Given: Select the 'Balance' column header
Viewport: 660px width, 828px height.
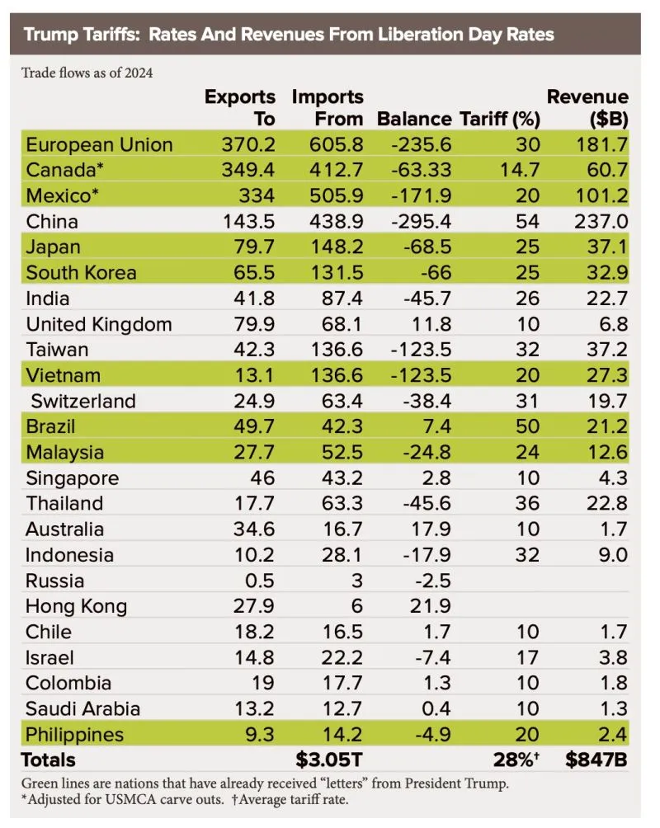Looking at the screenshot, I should click(414, 119).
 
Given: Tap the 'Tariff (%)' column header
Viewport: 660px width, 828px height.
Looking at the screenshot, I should click(499, 119).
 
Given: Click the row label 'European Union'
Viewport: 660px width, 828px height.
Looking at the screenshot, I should click(99, 145).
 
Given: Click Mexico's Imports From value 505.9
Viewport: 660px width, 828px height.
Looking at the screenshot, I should click(336, 196).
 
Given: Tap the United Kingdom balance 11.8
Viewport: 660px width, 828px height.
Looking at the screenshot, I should click(430, 324).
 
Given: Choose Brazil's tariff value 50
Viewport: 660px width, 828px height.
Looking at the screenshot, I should click(527, 427).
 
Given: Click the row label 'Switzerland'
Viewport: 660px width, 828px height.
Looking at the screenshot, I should click(83, 402).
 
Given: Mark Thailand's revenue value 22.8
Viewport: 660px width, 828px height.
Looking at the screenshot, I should click(608, 504).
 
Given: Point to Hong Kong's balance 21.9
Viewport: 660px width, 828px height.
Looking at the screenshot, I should click(430, 606).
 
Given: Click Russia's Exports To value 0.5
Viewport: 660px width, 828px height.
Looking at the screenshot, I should click(261, 581).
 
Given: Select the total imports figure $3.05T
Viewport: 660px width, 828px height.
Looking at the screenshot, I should click(330, 760).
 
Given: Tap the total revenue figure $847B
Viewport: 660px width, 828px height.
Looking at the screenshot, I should click(596, 760).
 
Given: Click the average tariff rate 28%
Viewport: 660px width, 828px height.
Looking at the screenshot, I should click(520, 760).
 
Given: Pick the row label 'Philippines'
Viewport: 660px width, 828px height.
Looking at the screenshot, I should click(74, 734).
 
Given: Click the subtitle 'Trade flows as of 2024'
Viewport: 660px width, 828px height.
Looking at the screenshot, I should click(87, 73).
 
